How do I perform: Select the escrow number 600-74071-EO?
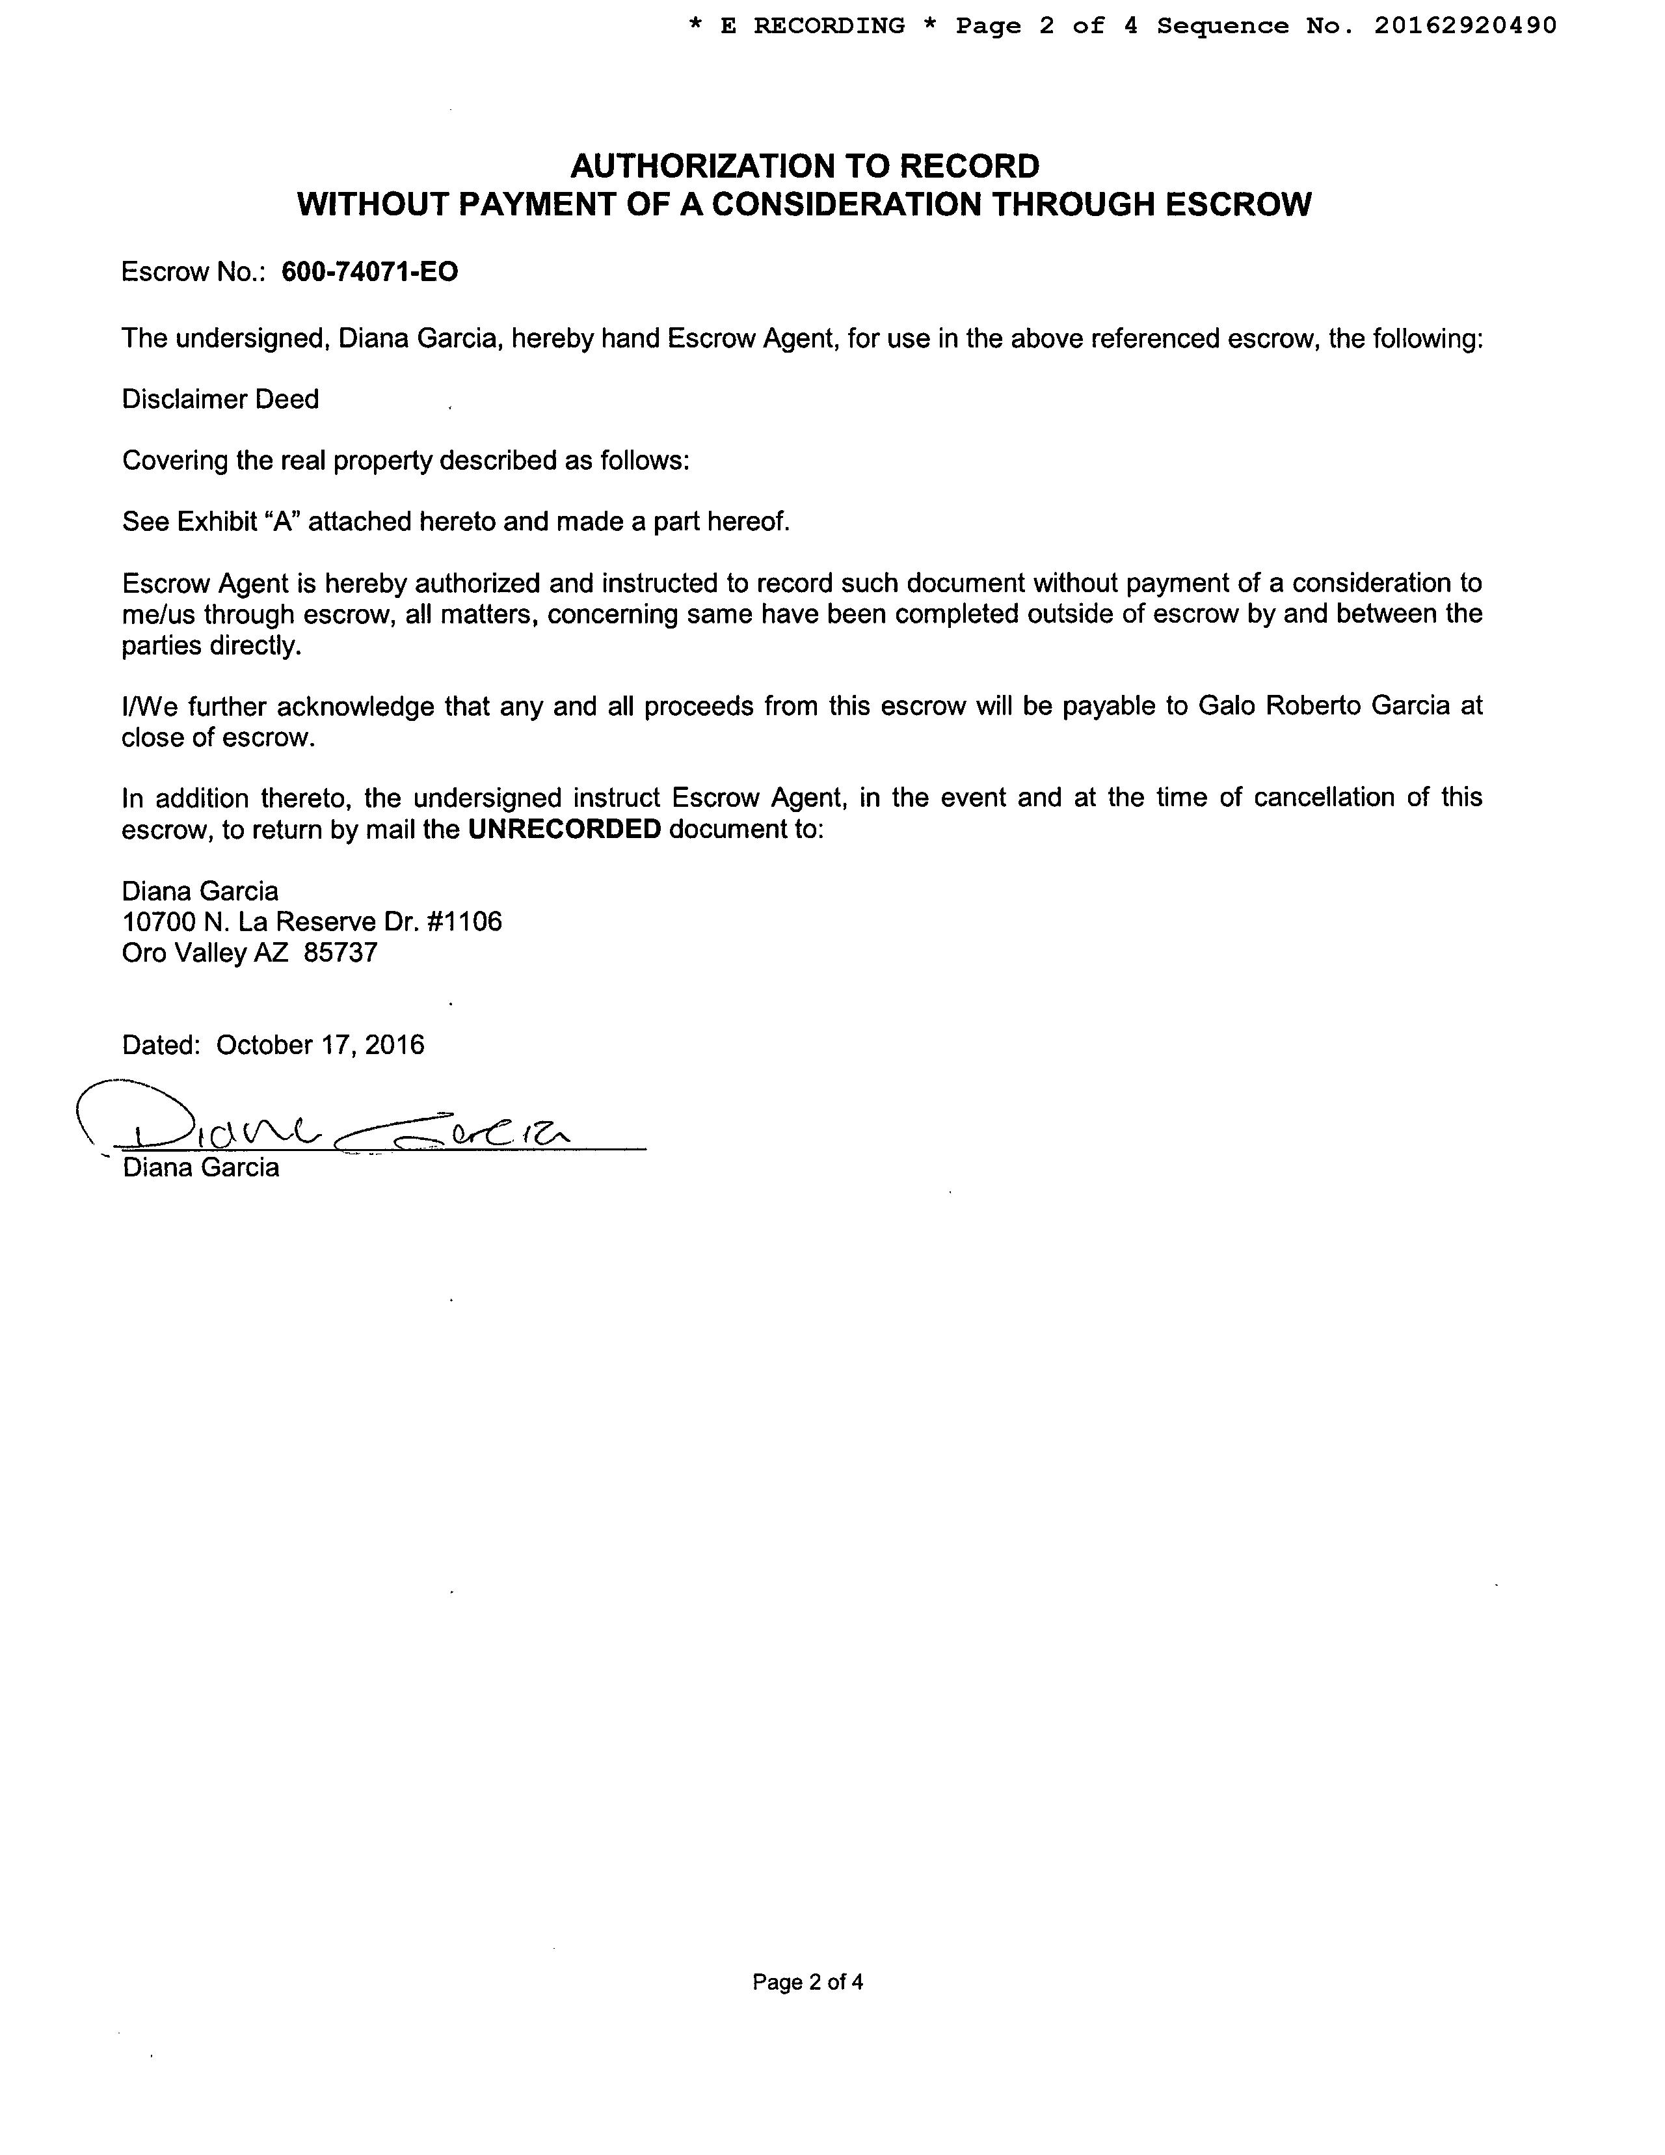click(370, 273)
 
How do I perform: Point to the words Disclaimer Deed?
click(220, 400)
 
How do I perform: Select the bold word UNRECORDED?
click(564, 829)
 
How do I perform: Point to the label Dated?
click(162, 1045)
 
